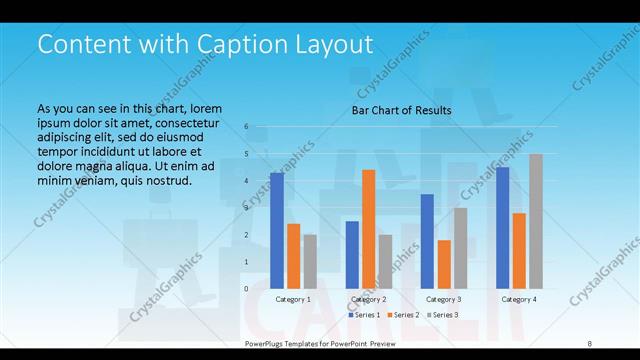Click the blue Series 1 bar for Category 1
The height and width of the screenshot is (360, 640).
coord(277,230)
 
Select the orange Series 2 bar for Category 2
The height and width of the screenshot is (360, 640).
coord(368,229)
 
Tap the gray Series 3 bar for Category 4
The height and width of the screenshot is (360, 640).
coord(535,221)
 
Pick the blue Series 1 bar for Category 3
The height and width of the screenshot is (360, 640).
coord(427,241)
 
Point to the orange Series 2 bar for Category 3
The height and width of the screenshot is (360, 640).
coord(443,264)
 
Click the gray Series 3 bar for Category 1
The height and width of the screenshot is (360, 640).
coord(310,261)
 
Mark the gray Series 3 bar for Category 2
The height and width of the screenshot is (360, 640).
coord(385,261)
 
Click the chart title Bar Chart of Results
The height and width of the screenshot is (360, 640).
coord(401,110)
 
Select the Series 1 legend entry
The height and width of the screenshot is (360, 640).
coord(364,315)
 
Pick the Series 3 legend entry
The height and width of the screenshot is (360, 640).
coord(442,315)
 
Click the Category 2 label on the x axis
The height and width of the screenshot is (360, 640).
coord(368,299)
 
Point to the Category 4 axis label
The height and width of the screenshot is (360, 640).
coord(518,299)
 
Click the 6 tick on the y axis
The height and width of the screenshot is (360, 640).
coord(247,127)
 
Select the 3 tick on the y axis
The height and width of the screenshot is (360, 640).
coord(247,208)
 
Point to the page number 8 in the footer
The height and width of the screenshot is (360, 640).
coord(589,343)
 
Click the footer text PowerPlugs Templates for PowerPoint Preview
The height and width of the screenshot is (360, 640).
coord(320,343)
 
